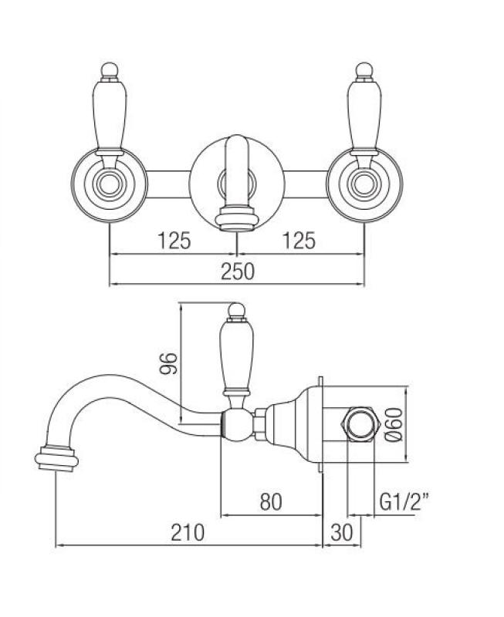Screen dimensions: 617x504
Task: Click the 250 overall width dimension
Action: [x=237, y=271]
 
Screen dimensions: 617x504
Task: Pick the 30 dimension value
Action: [x=343, y=532]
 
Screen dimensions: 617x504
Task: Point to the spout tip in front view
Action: [x=235, y=217]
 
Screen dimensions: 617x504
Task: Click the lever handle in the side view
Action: [x=234, y=355]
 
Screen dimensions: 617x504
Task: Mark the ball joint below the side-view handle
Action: [x=237, y=423]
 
